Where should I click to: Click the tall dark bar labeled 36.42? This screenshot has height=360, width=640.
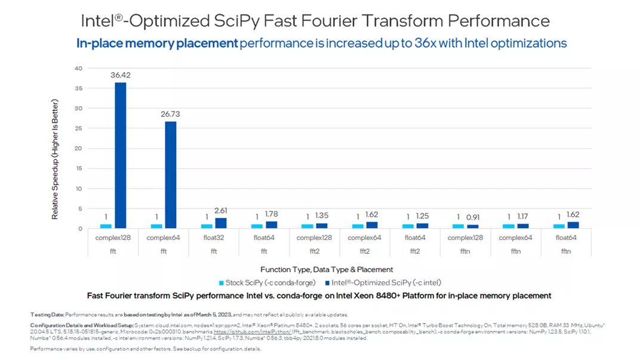(x=121, y=155)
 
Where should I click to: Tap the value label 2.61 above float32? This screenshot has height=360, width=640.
(x=221, y=211)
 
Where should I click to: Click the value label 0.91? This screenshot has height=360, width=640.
(x=473, y=217)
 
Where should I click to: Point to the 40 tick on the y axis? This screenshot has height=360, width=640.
(x=78, y=69)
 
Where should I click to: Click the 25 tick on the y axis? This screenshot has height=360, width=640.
(x=78, y=128)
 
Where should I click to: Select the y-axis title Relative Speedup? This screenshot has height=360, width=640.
(x=55, y=159)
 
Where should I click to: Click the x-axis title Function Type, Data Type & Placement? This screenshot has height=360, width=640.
(x=327, y=269)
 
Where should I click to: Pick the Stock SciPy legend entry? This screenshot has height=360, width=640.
(x=267, y=282)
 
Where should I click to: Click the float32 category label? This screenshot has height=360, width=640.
(x=214, y=238)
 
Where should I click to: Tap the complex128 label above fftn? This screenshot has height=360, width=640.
(x=465, y=238)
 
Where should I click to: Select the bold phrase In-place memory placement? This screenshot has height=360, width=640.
(x=156, y=44)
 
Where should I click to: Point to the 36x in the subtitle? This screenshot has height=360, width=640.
(x=408, y=44)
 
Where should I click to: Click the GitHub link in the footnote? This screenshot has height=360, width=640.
(x=253, y=331)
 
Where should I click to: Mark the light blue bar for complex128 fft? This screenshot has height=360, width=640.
(x=106, y=226)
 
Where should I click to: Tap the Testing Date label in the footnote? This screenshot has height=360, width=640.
(x=47, y=315)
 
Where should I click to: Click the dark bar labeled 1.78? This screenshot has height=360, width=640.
(x=271, y=224)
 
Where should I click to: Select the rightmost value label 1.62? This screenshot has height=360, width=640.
(x=573, y=215)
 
